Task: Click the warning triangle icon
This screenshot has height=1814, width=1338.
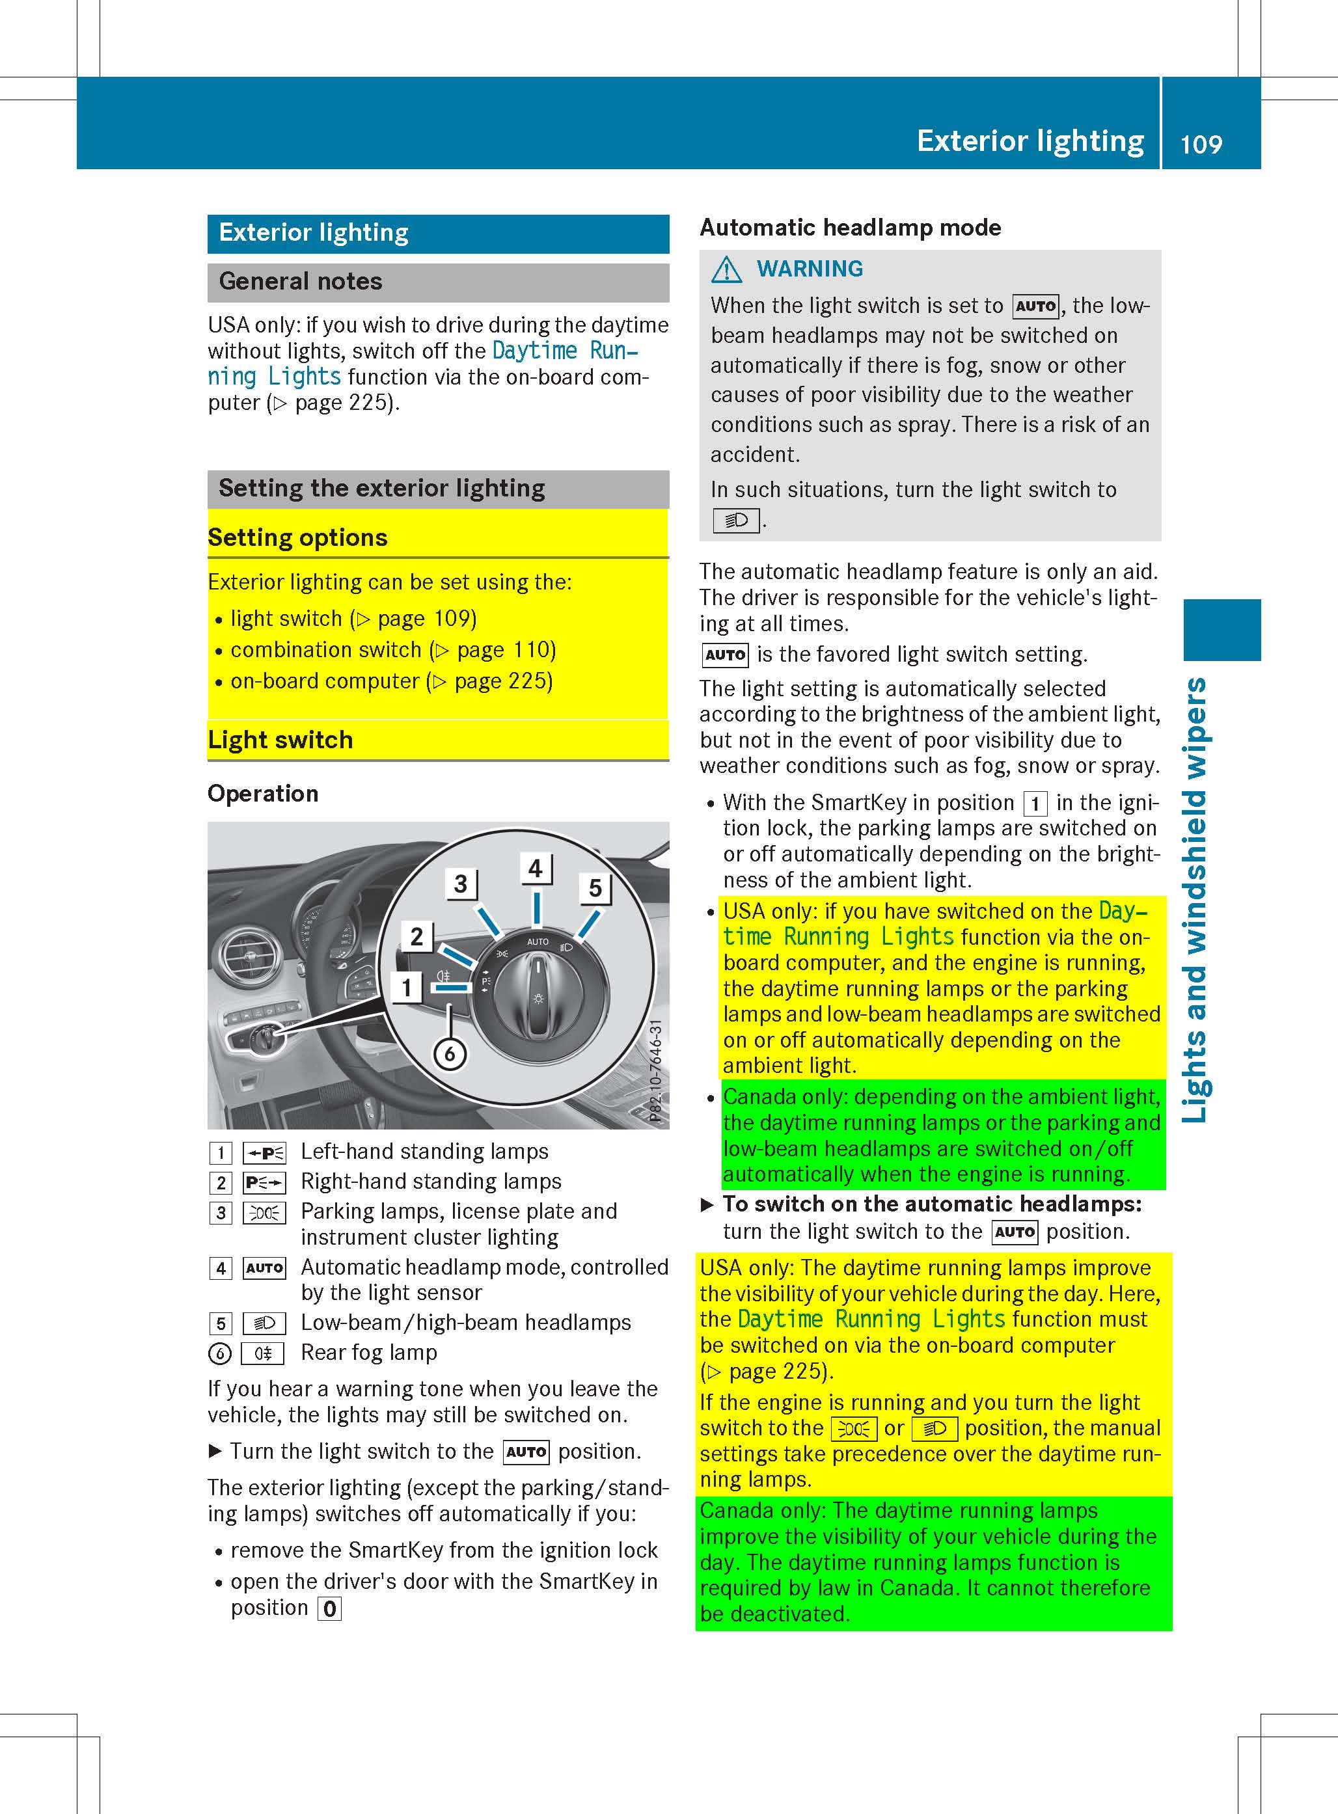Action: (x=726, y=269)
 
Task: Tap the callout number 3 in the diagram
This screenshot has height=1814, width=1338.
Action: (x=460, y=884)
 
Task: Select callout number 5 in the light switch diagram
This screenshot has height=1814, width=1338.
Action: (x=595, y=888)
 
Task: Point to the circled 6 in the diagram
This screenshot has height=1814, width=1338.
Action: (x=450, y=1055)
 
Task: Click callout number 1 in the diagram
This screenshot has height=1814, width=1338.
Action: (x=407, y=987)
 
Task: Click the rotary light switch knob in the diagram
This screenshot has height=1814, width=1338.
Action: (x=537, y=993)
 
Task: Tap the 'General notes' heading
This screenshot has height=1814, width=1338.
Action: (x=301, y=282)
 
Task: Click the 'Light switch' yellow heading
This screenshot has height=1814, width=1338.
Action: (x=280, y=740)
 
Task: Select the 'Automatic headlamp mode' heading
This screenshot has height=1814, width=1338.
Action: (x=850, y=228)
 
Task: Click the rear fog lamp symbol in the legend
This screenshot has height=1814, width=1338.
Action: (x=263, y=1353)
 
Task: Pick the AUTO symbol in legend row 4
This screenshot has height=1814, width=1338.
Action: (x=264, y=1268)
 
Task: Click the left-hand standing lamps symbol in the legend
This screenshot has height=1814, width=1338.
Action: (x=264, y=1152)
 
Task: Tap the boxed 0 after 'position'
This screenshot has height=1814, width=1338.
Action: (x=330, y=1608)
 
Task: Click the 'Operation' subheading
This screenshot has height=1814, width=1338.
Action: (x=262, y=794)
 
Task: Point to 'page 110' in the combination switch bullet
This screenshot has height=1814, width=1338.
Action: (x=506, y=650)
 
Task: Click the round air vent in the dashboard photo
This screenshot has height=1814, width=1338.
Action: (x=248, y=958)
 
